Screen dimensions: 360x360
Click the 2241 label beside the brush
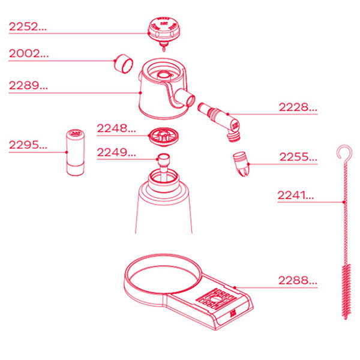click(296, 196)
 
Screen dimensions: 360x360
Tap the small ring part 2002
click(124, 61)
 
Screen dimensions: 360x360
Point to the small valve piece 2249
click(163, 161)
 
